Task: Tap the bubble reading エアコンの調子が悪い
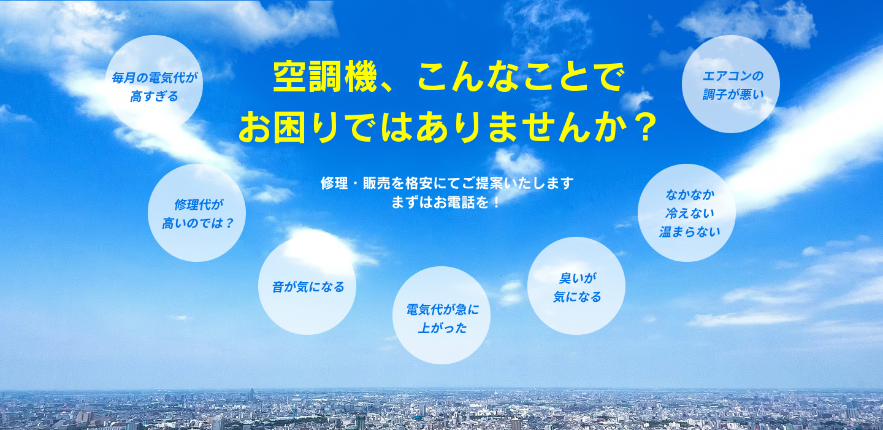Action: tap(731, 84)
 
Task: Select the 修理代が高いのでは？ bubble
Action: tap(197, 213)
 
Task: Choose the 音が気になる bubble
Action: tap(307, 286)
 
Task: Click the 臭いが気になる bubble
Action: tap(576, 286)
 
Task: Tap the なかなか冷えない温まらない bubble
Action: tap(687, 213)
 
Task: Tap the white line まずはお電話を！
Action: tap(446, 202)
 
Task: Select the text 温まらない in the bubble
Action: tap(689, 232)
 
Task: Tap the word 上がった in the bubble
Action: tap(442, 328)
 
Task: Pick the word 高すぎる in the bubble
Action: tap(154, 96)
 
